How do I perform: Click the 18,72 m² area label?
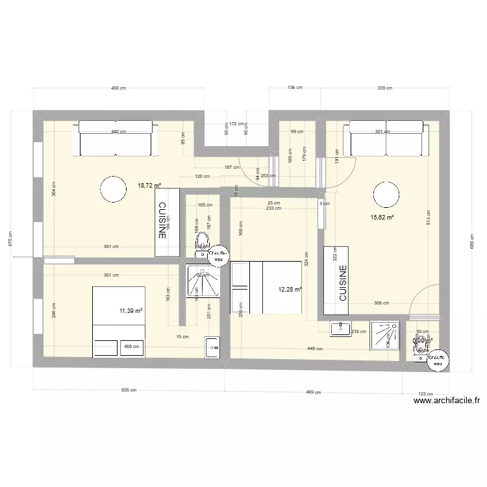point(149,185)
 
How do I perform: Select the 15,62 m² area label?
point(382,218)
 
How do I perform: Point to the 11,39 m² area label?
point(130,311)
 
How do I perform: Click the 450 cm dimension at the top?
point(118,87)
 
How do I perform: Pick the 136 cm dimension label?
point(295,87)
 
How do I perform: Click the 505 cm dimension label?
point(129,391)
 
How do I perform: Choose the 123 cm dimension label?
point(425,394)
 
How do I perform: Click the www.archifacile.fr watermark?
point(449,401)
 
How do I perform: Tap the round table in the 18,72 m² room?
point(114,190)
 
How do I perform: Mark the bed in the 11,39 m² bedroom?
point(118,321)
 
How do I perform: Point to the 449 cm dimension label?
point(315,349)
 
